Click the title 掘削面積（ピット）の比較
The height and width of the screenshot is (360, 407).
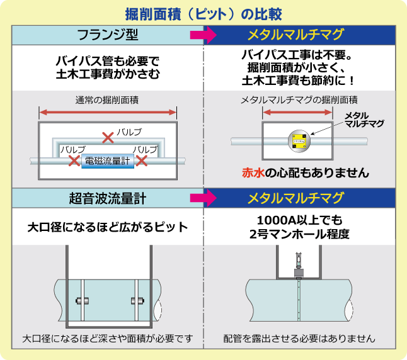[x=203, y=13]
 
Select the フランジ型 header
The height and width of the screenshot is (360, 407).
[x=107, y=34]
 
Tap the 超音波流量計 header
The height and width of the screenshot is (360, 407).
[x=107, y=198]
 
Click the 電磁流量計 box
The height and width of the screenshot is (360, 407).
[x=107, y=160]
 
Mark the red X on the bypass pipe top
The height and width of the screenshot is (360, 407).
[x=108, y=134]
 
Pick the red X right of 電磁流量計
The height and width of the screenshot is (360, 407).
[x=142, y=160]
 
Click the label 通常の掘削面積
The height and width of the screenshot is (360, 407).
[x=107, y=100]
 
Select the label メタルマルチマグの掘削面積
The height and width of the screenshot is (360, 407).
[x=299, y=100]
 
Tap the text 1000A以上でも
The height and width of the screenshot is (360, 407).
[x=299, y=220]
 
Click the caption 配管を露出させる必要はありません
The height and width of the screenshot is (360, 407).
[x=299, y=338]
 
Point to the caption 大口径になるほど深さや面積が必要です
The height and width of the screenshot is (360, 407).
[x=107, y=338]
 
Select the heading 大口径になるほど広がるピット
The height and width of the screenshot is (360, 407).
[x=107, y=226]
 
